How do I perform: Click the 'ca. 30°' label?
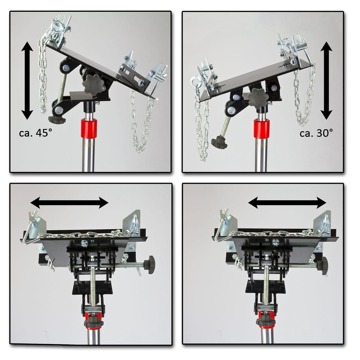(x=316, y=133)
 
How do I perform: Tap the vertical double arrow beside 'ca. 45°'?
(x=27, y=81)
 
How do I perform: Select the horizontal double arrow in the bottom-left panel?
(x=70, y=202)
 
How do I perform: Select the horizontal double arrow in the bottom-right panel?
(x=287, y=202)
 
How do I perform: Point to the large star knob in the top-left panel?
(x=92, y=84)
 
